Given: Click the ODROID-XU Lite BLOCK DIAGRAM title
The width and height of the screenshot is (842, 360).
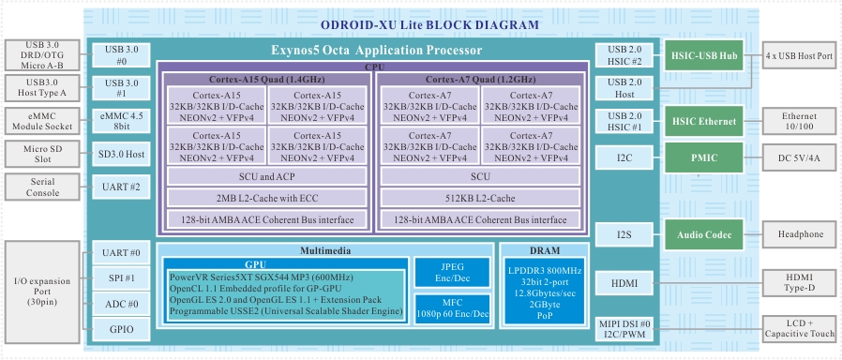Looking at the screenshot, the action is pyautogui.click(x=429, y=24).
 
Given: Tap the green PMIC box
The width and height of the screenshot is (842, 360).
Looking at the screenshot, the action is pyautogui.click(x=704, y=157).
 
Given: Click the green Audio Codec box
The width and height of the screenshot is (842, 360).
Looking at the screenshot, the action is pyautogui.click(x=704, y=234).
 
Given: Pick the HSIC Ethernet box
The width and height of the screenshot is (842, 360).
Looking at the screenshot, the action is pyautogui.click(x=704, y=121).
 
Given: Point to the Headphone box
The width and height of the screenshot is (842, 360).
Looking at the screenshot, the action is pyautogui.click(x=800, y=234).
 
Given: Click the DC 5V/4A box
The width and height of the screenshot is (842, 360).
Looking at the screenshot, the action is pyautogui.click(x=800, y=157).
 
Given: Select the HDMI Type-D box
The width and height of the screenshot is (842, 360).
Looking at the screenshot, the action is pyautogui.click(x=800, y=283).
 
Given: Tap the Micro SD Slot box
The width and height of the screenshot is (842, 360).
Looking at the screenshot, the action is pyautogui.click(x=42, y=155).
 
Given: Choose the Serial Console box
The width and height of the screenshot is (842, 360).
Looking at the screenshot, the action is pyautogui.click(x=42, y=187).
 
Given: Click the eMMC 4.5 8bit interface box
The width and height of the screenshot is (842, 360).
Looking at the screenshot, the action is pyautogui.click(x=121, y=121).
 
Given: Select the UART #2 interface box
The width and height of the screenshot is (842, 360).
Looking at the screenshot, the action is pyautogui.click(x=121, y=187).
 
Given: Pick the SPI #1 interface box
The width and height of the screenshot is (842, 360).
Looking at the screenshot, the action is pyautogui.click(x=121, y=278).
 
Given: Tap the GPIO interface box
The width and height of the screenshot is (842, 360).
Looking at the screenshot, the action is pyautogui.click(x=121, y=329).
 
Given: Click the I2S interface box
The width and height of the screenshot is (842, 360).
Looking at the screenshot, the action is pyautogui.click(x=624, y=234).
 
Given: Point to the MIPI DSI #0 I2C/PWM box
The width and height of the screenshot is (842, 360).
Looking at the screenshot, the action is pyautogui.click(x=624, y=330).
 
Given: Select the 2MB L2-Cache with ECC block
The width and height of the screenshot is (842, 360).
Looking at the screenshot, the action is pyautogui.click(x=267, y=199).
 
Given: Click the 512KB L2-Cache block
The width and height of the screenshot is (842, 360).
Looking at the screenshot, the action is pyautogui.click(x=480, y=199).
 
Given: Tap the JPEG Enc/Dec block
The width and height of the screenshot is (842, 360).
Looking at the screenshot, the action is pyautogui.click(x=453, y=273).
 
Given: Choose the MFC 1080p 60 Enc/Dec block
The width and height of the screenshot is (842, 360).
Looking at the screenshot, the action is pyautogui.click(x=453, y=309).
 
